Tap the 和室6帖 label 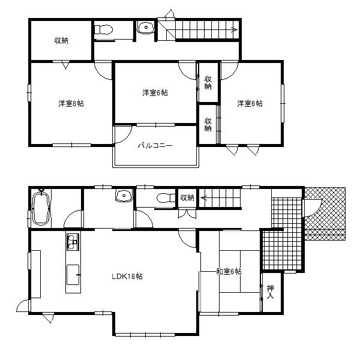pos(229,272)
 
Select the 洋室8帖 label pos(71,103)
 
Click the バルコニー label pos(155,145)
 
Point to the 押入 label pos(270,292)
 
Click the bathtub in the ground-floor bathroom pos(41,208)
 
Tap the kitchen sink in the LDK pos(72,242)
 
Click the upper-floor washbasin pos(145,28)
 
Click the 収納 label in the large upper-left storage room pos(61,41)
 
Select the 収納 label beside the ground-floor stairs pos(187,197)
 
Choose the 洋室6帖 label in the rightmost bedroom pos(249,103)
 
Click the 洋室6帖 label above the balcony pos(155,92)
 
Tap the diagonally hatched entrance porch pos(327,213)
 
